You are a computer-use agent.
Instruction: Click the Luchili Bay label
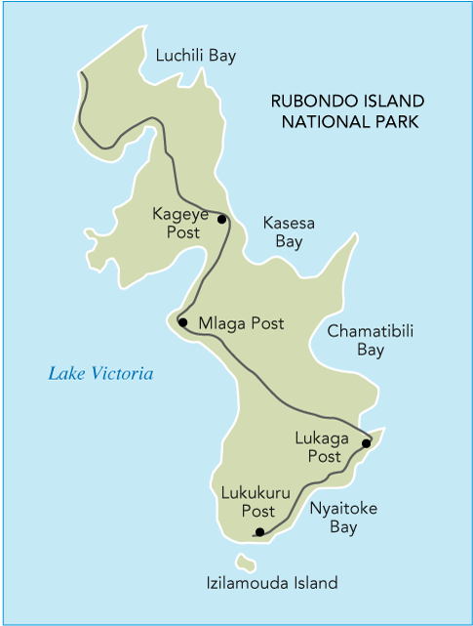pos(196,56)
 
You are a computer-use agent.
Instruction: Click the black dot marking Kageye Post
pos(221,219)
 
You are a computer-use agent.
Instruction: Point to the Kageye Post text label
pos(177,223)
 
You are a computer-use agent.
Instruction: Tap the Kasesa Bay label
pos(289,231)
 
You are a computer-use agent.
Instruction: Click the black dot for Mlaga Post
pos(182,321)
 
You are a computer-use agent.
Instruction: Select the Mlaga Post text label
pos(241,323)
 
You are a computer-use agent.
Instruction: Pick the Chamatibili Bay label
pos(371,340)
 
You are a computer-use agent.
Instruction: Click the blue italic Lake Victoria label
pos(101,373)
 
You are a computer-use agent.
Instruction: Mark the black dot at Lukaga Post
pos(367,443)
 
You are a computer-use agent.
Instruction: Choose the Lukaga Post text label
pos(320,447)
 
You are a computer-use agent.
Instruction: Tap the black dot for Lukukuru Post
pos(258,532)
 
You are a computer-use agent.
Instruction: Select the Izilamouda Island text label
pos(272,583)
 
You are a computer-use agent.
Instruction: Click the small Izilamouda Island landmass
pos(246,563)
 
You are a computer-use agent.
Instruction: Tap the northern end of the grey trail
pos(81,72)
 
